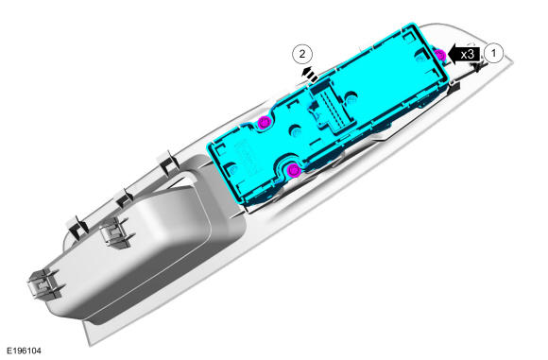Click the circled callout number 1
pos(493,54)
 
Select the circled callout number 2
pos(302,54)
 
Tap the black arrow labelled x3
pos(463,55)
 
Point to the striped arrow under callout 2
pos(310,75)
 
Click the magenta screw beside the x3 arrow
pos(439,55)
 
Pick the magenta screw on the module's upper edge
pos(264,122)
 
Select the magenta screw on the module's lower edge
pos(294,170)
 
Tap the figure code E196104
pos(24,351)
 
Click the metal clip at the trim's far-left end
pos(44,283)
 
